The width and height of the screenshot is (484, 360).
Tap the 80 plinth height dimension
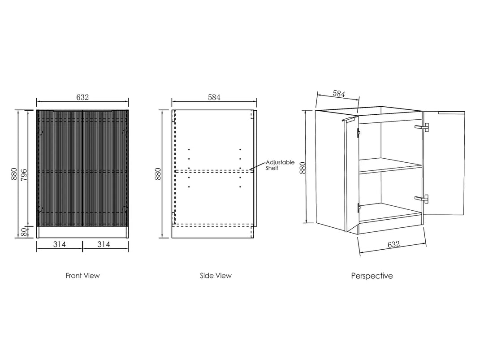coord(26,232)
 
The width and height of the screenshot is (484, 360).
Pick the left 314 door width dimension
coord(60,244)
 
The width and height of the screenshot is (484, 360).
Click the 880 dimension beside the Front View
coord(14,173)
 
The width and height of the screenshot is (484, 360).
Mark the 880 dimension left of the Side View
coord(158,173)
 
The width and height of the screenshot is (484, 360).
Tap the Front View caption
coord(82,276)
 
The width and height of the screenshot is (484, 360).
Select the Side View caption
coord(216,276)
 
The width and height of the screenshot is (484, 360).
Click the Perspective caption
coord(372,276)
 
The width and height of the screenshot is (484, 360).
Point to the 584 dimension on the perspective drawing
coord(338,94)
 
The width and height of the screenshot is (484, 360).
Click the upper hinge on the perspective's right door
coord(422,128)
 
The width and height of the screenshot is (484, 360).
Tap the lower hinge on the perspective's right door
coord(422,198)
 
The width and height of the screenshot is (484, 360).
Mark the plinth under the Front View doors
coord(82,232)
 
